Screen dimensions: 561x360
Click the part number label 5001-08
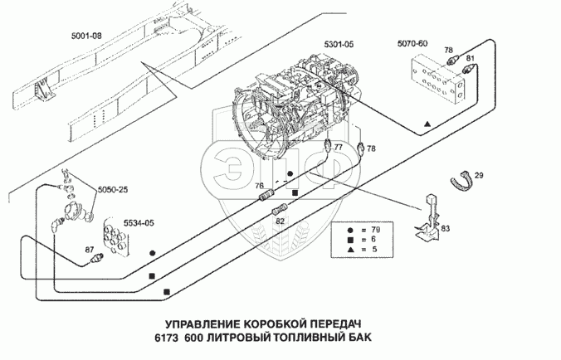(86, 36)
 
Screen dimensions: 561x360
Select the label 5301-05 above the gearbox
(339, 44)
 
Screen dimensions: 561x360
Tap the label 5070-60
(412, 44)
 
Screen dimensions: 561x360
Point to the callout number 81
(470, 58)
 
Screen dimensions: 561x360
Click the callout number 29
(479, 176)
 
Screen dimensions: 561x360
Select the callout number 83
(446, 228)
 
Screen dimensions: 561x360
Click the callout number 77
(338, 147)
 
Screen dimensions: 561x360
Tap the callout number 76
(260, 186)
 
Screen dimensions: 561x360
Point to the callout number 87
(90, 250)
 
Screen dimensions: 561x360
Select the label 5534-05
(139, 223)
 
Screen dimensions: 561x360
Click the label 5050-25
(113, 189)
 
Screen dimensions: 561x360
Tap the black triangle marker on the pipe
(427, 124)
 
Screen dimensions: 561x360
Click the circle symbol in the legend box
(350, 230)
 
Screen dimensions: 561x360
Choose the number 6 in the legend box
(374, 240)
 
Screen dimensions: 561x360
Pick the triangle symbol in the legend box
(350, 249)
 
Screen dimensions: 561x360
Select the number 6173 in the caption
(166, 337)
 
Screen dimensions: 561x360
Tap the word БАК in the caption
(360, 337)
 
